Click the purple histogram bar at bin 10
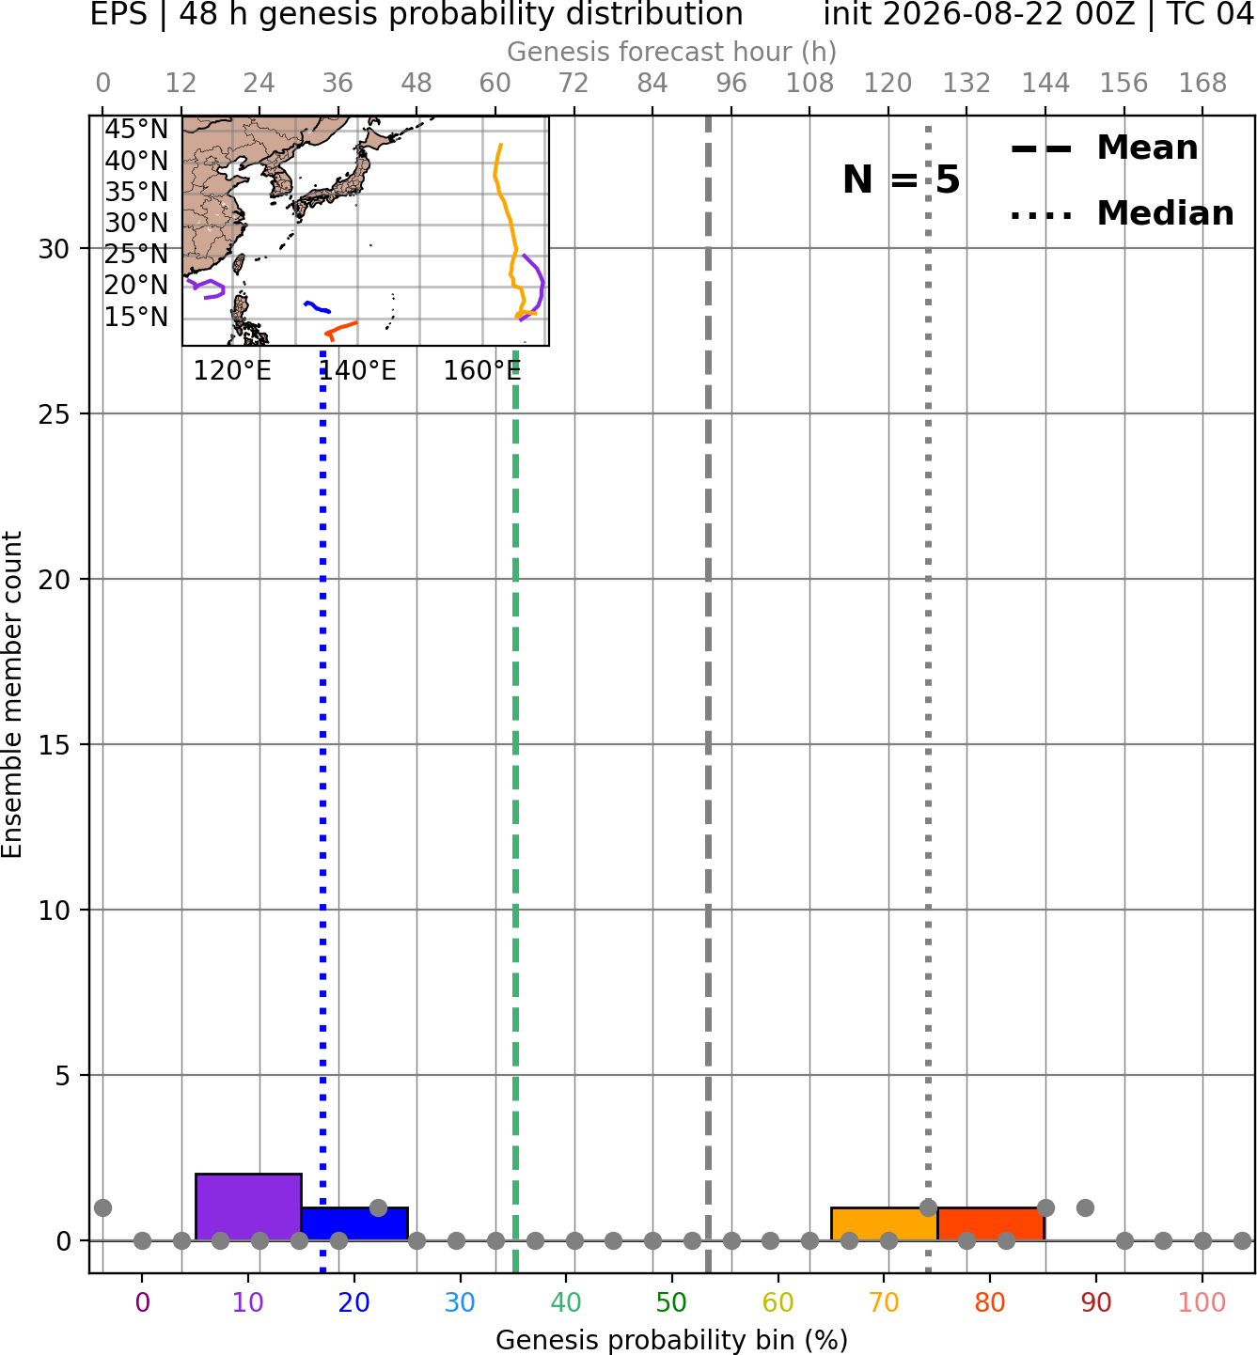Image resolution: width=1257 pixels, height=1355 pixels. [x=248, y=1207]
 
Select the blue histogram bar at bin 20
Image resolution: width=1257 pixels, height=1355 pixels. [x=355, y=1224]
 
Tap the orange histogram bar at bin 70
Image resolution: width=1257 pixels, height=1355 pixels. [x=884, y=1224]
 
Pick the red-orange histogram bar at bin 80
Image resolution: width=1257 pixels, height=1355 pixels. [x=991, y=1224]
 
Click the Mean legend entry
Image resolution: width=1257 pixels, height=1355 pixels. [x=1104, y=148]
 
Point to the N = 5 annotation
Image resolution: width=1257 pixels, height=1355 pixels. [x=902, y=179]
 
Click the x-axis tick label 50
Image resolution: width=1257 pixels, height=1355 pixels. [x=671, y=1302]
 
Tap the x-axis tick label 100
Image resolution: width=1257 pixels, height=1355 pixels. [x=1202, y=1302]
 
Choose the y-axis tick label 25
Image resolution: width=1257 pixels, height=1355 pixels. [x=54, y=414]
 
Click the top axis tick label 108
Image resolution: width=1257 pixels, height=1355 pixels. [x=809, y=84]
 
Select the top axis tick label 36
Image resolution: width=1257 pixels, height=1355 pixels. [x=338, y=84]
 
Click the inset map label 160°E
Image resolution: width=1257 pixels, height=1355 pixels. [x=482, y=371]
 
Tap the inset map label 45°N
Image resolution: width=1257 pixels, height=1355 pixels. [x=136, y=129]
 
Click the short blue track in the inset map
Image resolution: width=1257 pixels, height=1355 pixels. [x=318, y=307]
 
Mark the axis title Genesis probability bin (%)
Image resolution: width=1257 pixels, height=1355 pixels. [x=672, y=1340]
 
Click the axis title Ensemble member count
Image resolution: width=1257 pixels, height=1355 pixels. [x=11, y=695]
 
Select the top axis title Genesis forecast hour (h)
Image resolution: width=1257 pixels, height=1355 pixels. [x=672, y=52]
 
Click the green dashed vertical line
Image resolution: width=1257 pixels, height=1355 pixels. [x=515, y=812]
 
